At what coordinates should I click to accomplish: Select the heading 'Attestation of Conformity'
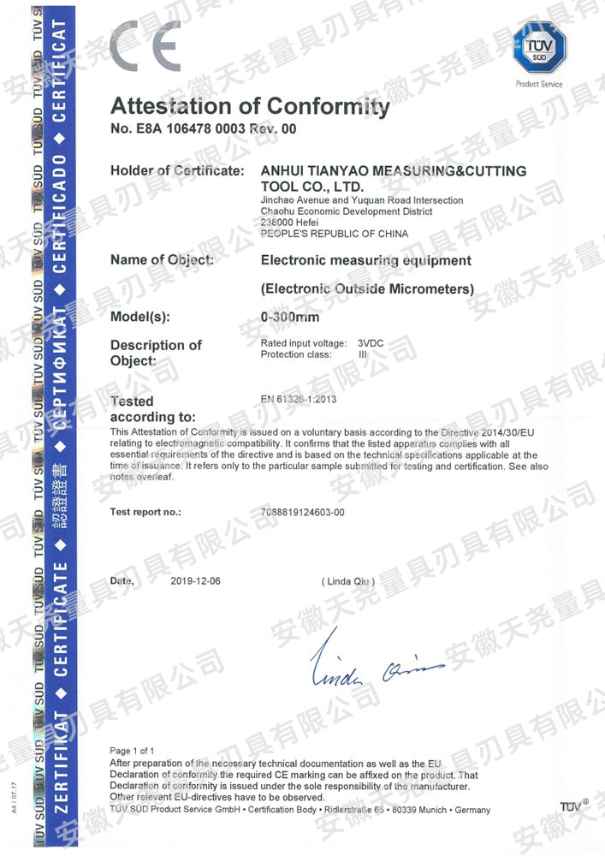(250, 107)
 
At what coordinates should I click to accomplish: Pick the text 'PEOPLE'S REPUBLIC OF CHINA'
(334, 234)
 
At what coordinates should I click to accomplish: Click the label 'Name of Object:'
(163, 259)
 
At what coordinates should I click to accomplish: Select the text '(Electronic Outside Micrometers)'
(366, 289)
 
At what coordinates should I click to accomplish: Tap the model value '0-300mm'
(290, 318)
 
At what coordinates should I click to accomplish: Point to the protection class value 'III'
(363, 354)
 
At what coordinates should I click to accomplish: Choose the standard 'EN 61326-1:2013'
(298, 399)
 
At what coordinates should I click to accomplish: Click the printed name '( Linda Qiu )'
(347, 582)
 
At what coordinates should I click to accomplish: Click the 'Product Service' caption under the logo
(538, 84)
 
